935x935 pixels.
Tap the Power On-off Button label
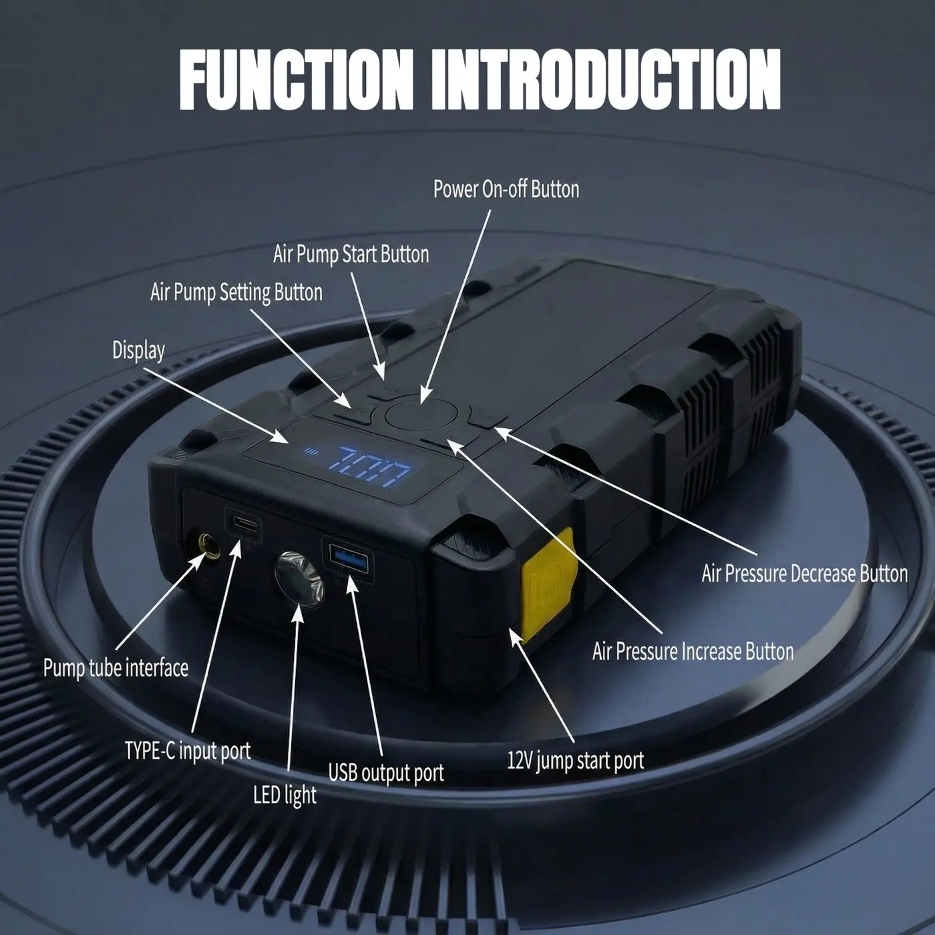click(x=506, y=189)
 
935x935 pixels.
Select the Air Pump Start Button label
click(x=351, y=254)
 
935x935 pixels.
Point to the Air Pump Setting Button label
click(x=236, y=292)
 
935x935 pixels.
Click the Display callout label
click(x=138, y=351)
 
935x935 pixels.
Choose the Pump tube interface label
click(x=116, y=668)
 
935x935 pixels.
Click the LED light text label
click(x=285, y=795)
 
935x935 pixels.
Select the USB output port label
click(x=386, y=773)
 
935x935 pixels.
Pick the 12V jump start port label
click(x=576, y=760)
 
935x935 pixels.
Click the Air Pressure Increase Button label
click(x=693, y=651)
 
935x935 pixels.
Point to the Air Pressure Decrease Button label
click(x=805, y=574)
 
